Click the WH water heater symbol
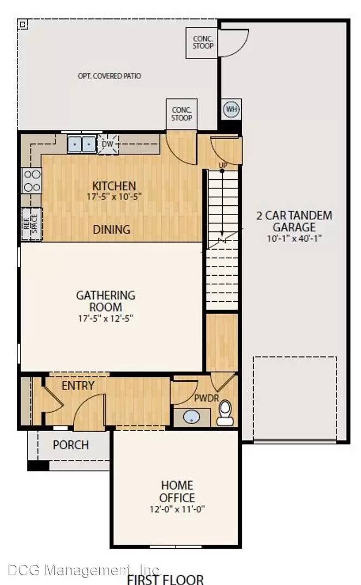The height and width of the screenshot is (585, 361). [x=231, y=109]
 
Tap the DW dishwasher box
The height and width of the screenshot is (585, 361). [x=108, y=144]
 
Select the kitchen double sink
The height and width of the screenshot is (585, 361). [x=81, y=144]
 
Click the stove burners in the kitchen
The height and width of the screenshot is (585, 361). [x=32, y=180]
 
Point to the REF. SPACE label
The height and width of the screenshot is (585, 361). [x=31, y=224]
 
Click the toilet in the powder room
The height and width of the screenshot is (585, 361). [x=225, y=413]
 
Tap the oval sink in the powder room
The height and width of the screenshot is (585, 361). [x=192, y=417]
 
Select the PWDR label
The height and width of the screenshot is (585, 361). [x=207, y=398]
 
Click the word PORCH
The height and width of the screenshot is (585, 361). [x=70, y=445]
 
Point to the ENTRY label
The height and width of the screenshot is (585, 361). [x=78, y=386]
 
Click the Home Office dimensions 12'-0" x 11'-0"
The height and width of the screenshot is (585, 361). [x=177, y=509]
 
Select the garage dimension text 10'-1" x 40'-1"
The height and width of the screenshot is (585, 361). [x=294, y=238]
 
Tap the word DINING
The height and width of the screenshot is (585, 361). [x=112, y=230]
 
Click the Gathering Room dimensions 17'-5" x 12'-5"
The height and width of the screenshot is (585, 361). [x=106, y=318]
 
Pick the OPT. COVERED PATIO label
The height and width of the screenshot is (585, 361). [x=109, y=76]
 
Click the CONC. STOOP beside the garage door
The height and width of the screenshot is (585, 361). [x=203, y=42]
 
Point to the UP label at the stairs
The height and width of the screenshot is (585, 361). [x=223, y=165]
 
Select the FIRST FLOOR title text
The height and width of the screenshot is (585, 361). [x=165, y=580]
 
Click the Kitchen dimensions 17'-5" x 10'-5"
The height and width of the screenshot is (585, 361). [x=114, y=197]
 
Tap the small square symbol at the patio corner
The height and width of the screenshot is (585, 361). [x=22, y=24]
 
